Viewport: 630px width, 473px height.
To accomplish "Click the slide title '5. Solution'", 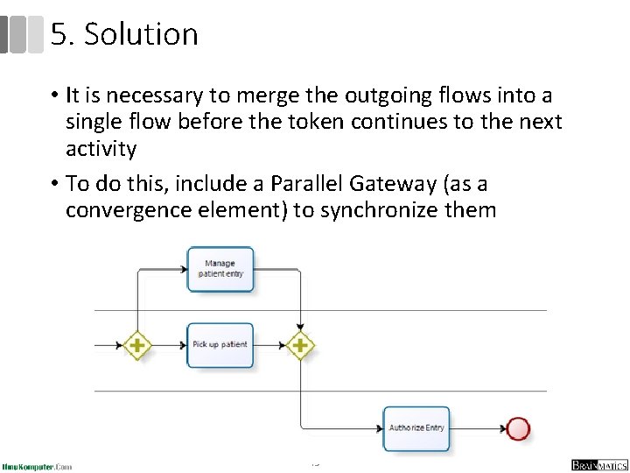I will [124, 35].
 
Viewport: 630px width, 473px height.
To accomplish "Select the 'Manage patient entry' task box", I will [220, 269].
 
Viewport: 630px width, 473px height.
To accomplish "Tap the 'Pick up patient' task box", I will [220, 345].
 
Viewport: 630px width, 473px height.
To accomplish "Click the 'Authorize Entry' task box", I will [416, 428].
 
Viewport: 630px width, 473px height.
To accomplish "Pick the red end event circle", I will [519, 428].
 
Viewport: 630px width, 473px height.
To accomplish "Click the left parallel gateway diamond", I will [136, 345].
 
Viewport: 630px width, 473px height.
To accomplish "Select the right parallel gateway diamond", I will [300, 345].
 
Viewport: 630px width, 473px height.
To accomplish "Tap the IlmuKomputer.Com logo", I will [37, 466].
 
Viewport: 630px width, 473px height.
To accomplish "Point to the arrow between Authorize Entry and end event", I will [478, 428].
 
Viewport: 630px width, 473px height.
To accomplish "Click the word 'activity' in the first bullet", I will [101, 149].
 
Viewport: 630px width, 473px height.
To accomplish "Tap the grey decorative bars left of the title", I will [22, 34].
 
